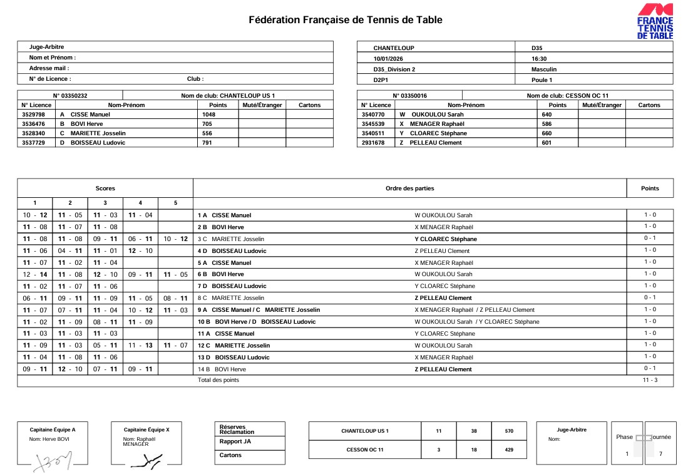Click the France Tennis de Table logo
pyautogui.click(x=655, y=22)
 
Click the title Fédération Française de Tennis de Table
pyautogui.click(x=346, y=20)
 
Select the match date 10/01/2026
pyautogui.click(x=388, y=58)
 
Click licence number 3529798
pyautogui.click(x=33, y=115)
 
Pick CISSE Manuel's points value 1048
pyautogui.click(x=208, y=115)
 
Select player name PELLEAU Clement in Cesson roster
pyautogui.click(x=436, y=143)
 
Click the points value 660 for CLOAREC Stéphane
pyautogui.click(x=547, y=133)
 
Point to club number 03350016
pyautogui.click(x=410, y=96)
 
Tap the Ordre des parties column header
pyautogui.click(x=409, y=188)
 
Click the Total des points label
pyautogui.click(x=218, y=380)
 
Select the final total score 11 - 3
pyautogui.click(x=650, y=380)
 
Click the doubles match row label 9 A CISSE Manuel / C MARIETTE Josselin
pyautogui.click(x=259, y=310)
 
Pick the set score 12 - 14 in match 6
pyautogui.click(x=34, y=274)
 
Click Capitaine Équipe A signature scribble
pyautogui.click(x=54, y=461)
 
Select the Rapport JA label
pyautogui.click(x=235, y=441)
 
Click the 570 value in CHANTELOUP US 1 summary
pyautogui.click(x=509, y=431)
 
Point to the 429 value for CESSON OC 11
pyautogui.click(x=509, y=450)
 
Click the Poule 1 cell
pyautogui.click(x=542, y=80)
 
